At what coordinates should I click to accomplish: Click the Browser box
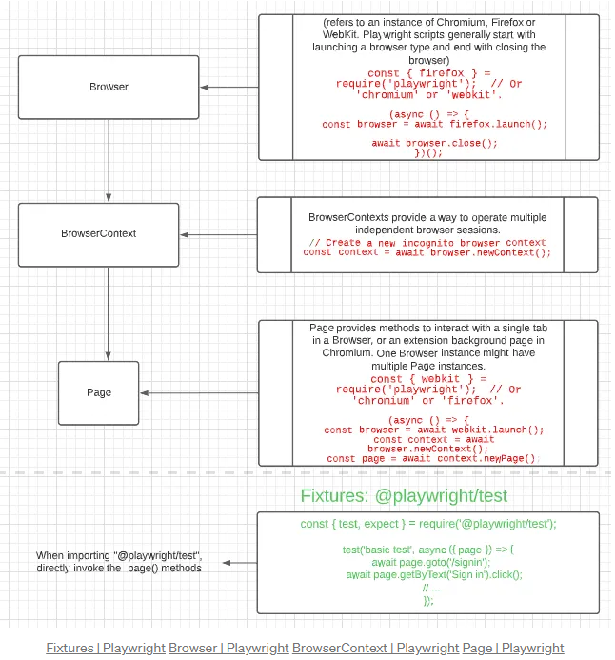(109, 87)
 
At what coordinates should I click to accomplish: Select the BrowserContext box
(99, 233)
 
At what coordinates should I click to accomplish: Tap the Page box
(99, 392)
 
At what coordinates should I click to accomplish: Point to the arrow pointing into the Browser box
(228, 88)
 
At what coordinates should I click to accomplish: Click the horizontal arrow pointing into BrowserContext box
(218, 234)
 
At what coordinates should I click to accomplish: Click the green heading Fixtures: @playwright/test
(404, 495)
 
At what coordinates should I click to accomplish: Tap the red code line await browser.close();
(434, 143)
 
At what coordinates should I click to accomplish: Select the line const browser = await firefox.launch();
(434, 124)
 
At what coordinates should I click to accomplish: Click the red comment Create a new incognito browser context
(427, 243)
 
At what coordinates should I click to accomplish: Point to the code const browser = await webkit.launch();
(434, 430)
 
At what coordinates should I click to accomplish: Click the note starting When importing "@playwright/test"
(119, 561)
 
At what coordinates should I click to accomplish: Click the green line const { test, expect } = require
(428, 524)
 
